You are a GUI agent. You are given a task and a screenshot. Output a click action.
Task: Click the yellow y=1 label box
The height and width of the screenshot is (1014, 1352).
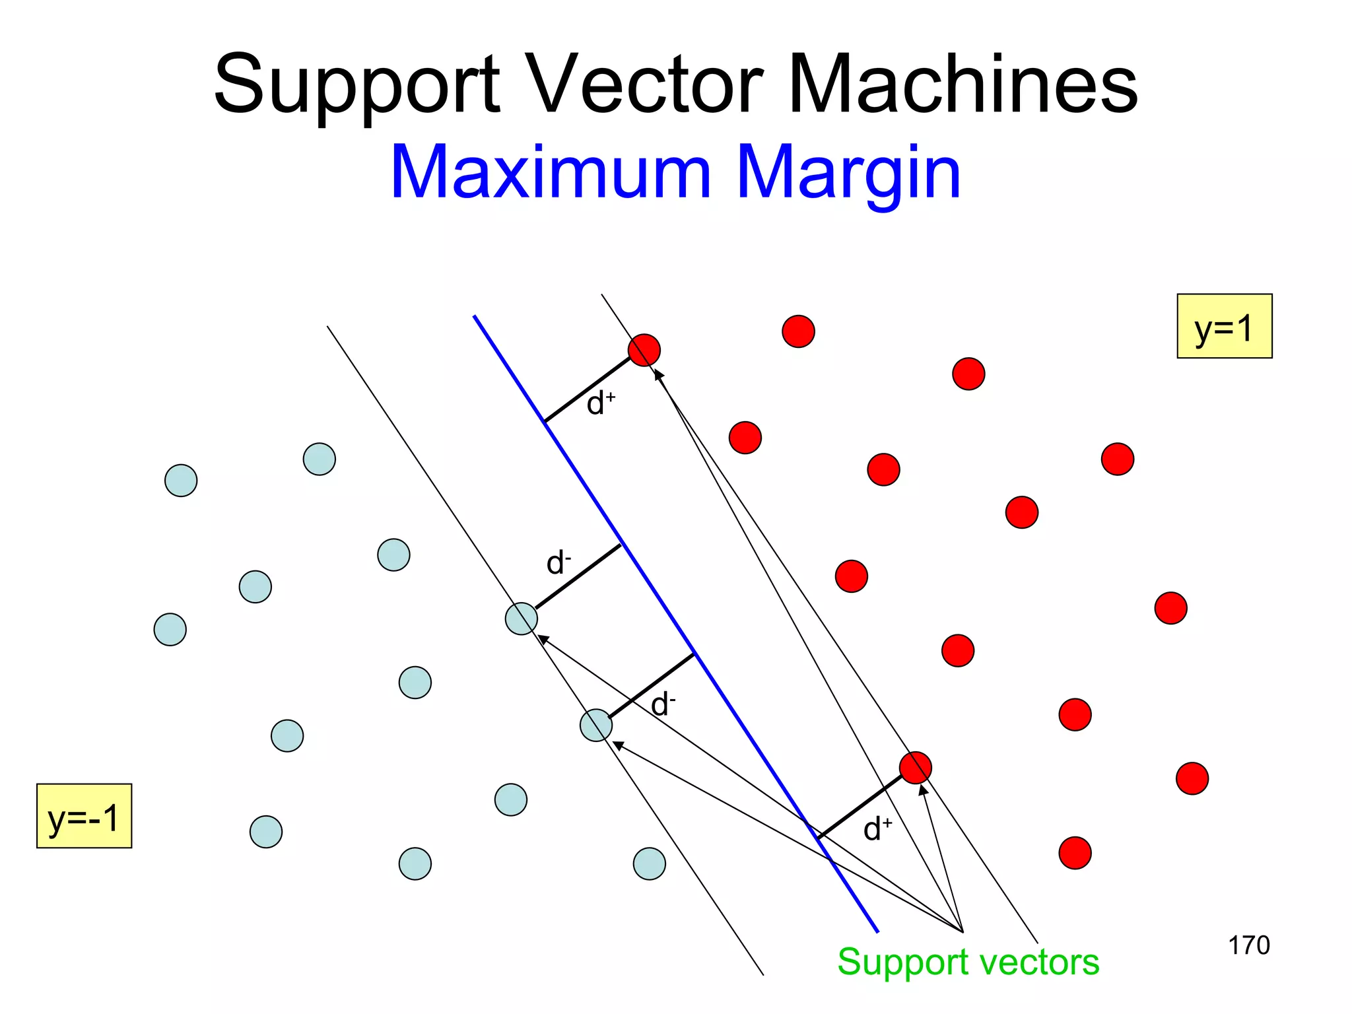1224,326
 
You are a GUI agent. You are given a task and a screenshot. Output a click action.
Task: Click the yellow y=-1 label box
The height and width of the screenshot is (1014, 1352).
84,816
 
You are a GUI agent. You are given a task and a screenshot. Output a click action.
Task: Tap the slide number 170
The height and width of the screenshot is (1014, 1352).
1248,945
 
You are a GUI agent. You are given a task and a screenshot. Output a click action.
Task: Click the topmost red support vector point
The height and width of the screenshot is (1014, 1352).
644,350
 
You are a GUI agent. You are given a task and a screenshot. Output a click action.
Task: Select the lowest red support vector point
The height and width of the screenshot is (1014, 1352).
915,767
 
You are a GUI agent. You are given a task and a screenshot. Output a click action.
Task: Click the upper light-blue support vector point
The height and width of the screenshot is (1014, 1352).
522,619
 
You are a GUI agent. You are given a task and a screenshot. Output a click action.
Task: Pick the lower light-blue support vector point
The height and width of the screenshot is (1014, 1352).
596,726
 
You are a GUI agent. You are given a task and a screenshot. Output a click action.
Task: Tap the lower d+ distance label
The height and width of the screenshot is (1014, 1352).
877,828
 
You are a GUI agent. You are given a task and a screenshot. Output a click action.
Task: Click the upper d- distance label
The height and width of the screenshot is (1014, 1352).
558,563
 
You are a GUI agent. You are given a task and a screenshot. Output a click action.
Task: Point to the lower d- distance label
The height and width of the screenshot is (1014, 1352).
663,704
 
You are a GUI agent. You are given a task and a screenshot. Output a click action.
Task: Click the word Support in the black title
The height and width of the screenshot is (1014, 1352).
356,86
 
